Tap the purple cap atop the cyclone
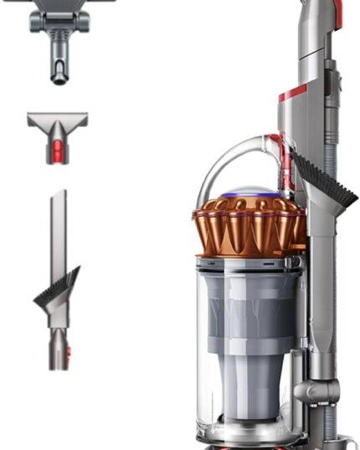243,192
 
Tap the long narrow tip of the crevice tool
58,226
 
